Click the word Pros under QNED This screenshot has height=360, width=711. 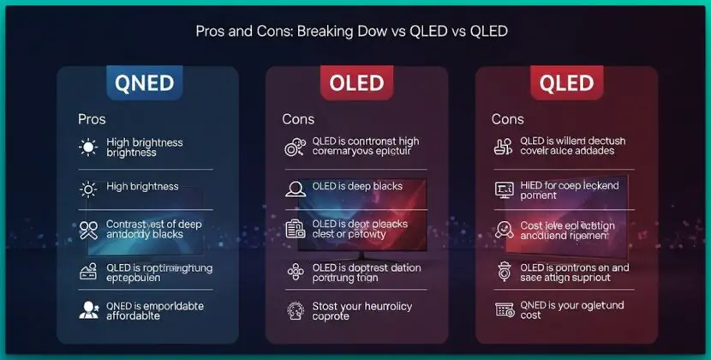point(92,119)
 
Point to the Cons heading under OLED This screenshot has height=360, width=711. point(298,119)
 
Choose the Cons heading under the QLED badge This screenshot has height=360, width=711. point(508,119)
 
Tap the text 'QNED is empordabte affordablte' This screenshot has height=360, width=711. point(151,310)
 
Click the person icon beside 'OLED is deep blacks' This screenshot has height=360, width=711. point(296,187)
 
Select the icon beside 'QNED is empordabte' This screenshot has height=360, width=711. point(88,310)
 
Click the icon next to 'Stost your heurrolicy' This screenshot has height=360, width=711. point(296,309)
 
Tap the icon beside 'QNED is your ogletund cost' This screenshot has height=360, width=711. point(504,309)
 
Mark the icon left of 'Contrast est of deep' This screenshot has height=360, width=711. point(88,229)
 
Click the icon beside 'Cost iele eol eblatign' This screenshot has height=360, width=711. point(504,229)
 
